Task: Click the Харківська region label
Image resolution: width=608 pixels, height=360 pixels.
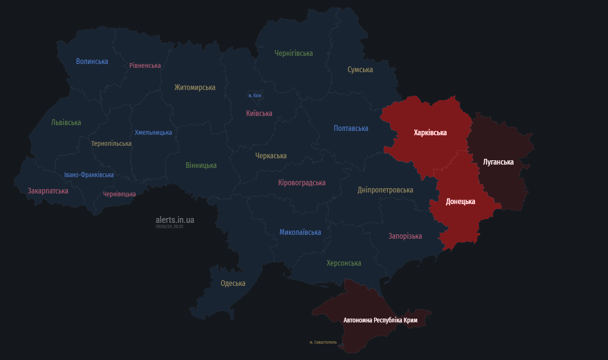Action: click(430, 132)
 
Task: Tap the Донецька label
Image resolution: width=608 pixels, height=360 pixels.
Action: click(460, 201)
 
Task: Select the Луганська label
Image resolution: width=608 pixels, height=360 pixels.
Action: click(498, 162)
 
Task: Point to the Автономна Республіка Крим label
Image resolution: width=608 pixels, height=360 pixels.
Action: click(380, 320)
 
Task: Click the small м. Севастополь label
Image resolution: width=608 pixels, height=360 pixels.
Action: click(323, 342)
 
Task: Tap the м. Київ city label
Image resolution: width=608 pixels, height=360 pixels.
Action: click(255, 95)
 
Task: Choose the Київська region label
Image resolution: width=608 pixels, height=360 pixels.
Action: click(259, 113)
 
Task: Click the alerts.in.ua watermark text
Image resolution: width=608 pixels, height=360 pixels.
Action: click(175, 219)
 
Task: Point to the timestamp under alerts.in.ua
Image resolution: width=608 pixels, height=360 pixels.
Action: click(169, 226)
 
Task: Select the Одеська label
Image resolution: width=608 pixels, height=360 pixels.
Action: click(233, 283)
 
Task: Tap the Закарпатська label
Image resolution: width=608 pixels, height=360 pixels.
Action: click(48, 191)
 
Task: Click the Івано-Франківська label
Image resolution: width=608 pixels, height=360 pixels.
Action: click(89, 175)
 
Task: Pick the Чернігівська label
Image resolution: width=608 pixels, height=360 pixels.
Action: click(294, 53)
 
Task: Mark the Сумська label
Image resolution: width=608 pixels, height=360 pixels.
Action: click(360, 69)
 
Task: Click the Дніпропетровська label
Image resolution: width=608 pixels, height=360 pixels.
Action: click(385, 190)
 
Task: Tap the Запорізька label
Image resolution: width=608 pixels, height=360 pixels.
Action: click(405, 236)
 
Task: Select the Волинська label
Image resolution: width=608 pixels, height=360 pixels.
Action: click(92, 61)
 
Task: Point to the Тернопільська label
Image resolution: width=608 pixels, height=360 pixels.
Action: click(111, 143)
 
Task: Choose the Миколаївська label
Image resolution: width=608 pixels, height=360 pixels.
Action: click(300, 232)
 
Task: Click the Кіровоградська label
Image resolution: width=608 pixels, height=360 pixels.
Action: click(302, 182)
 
